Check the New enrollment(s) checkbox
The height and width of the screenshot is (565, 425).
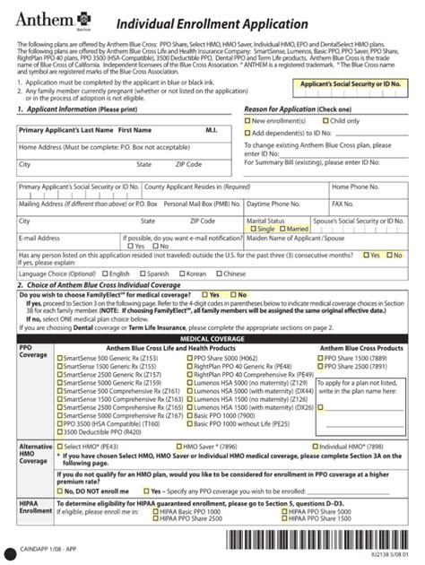pyautogui.click(x=248, y=120)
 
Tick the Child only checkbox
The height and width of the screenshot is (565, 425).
pyautogui.click(x=325, y=120)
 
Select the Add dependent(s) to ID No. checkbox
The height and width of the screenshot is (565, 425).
pyautogui.click(x=248, y=132)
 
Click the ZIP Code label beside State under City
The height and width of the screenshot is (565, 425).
pyautogui.click(x=188, y=164)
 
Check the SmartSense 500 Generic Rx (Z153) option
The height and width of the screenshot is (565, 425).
pyautogui.click(x=59, y=359)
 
